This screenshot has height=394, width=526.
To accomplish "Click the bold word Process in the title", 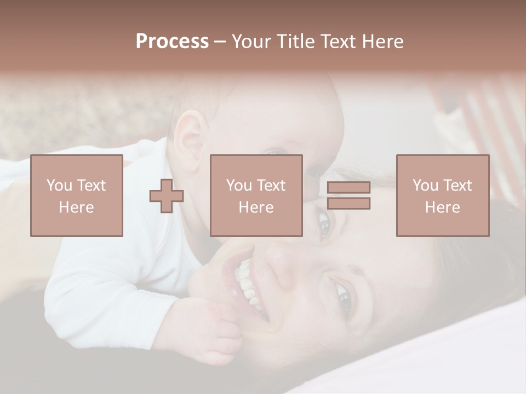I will pos(172,42).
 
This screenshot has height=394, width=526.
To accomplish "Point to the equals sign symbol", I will pos(348,196).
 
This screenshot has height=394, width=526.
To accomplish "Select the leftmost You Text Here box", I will pos(76,196).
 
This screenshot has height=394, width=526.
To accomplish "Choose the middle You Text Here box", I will pos(256,196).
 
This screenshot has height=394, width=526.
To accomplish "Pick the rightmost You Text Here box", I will pos(442,196).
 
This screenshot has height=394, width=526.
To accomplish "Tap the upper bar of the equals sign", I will pos(348,188).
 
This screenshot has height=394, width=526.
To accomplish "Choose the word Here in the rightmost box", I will pos(442,207).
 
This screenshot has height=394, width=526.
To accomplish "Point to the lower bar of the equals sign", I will pos(348,204).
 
